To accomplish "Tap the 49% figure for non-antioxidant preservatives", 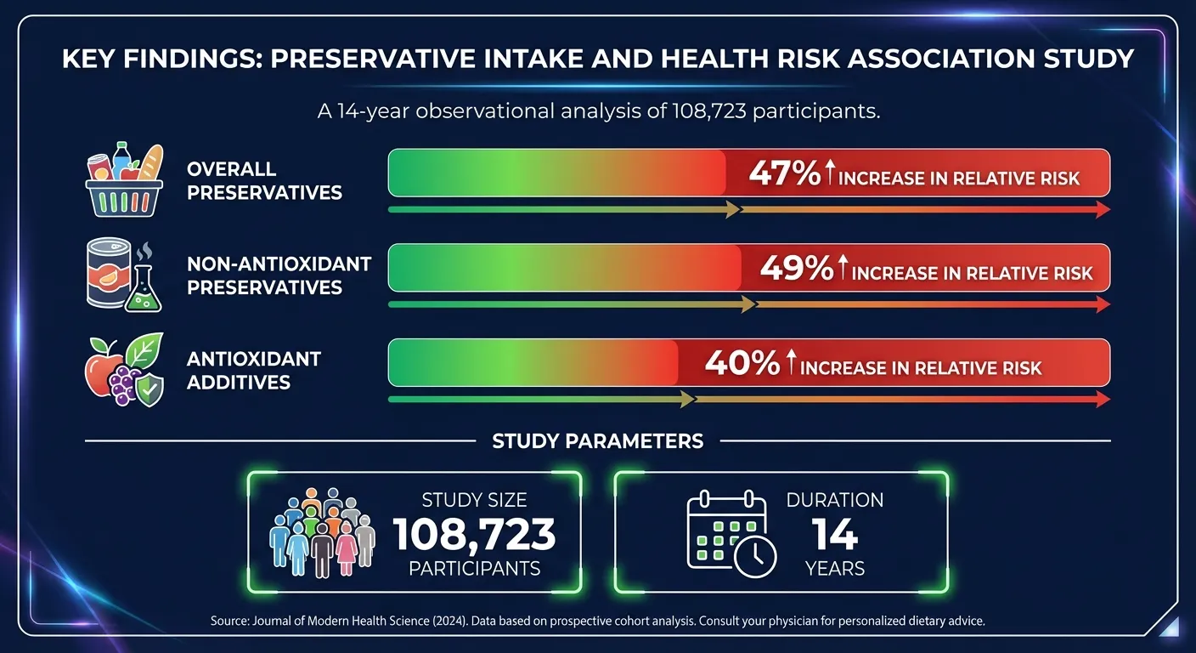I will point(796,270).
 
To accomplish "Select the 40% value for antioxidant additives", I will point(742,365).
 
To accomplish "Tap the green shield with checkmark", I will point(149,389).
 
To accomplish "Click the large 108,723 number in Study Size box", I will point(474,535).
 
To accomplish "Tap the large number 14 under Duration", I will point(834,535).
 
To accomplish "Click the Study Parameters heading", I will point(597,441).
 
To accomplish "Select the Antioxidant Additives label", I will point(253,370).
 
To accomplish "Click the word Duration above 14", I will point(834,500).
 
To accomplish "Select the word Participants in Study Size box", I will point(474,569).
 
